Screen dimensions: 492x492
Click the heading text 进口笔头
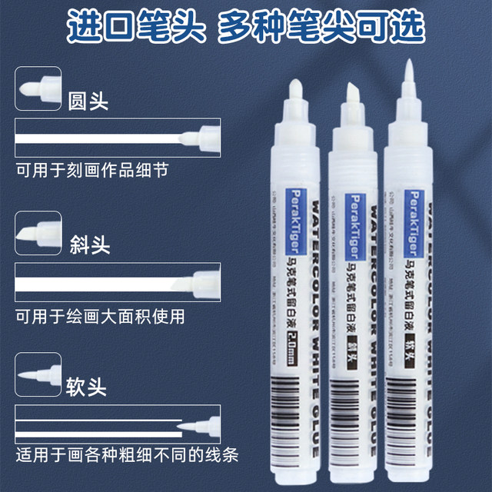(x=135, y=28)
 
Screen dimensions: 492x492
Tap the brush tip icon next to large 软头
(x=36, y=374)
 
